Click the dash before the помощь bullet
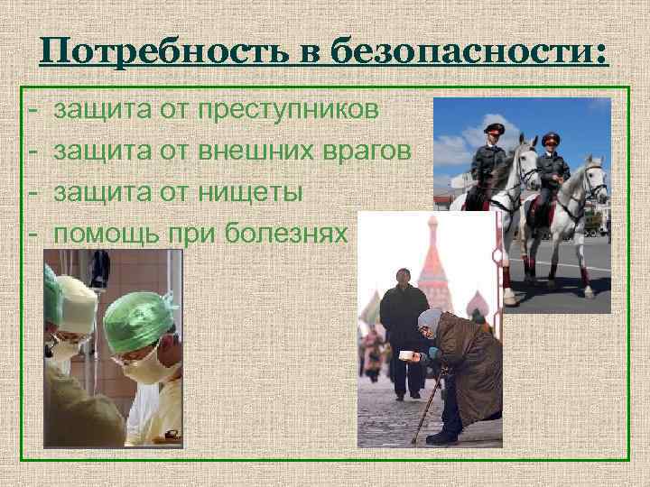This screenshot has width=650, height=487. click(x=32, y=234)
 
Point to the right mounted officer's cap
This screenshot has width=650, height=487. click(x=552, y=138)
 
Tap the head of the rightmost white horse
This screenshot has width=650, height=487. click(x=595, y=181)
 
